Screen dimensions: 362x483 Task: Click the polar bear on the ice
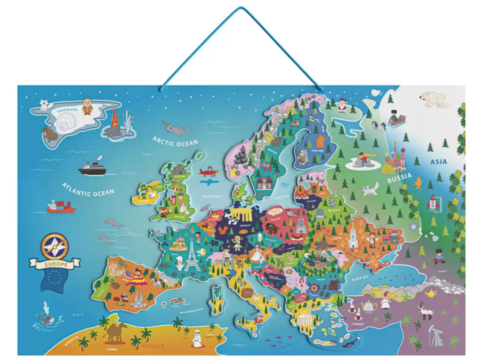click(x=434, y=99)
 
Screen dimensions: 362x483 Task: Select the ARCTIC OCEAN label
click(x=175, y=142)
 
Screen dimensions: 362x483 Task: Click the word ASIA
click(x=438, y=162)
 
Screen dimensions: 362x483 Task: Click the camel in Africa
click(x=116, y=332)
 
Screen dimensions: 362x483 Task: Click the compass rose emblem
click(x=54, y=247)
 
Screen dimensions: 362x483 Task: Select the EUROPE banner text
click(x=54, y=265)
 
